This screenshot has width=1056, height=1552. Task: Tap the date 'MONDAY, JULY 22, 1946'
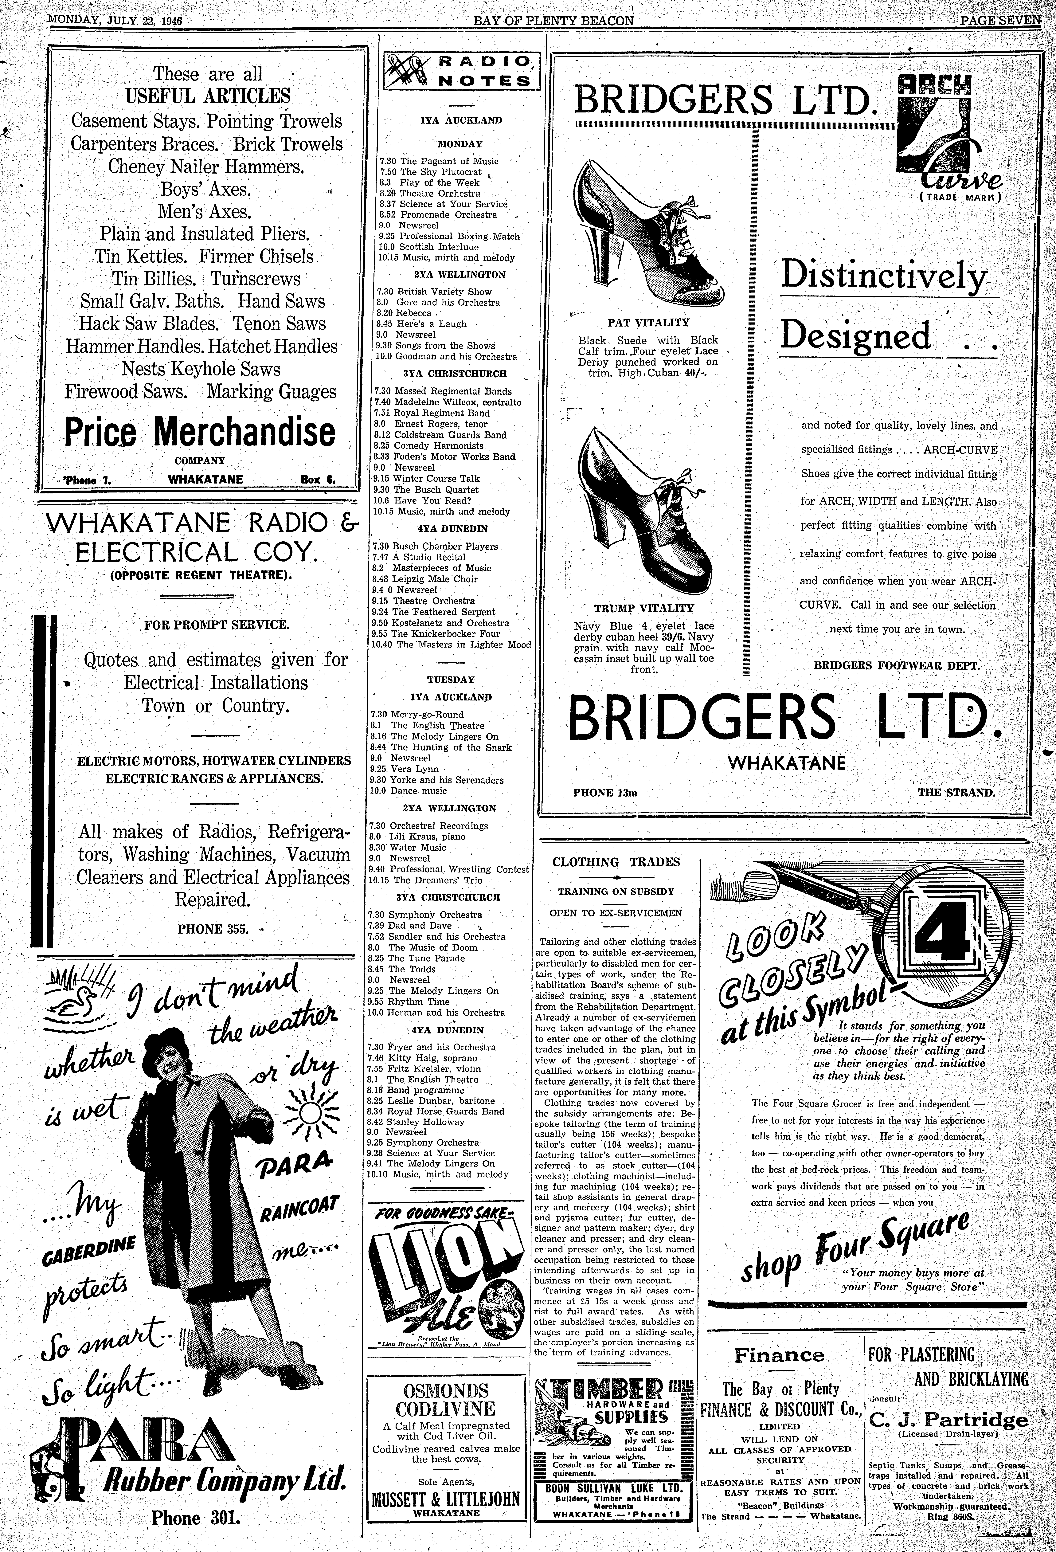click(115, 19)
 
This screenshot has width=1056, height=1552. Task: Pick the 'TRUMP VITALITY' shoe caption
click(644, 608)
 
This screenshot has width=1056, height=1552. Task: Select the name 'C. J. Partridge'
click(948, 1419)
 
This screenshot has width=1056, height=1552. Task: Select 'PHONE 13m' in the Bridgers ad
click(605, 793)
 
